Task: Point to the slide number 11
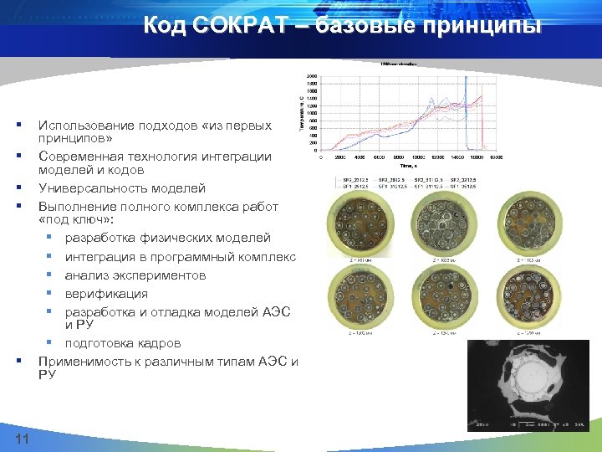pyautogui.click(x=23, y=440)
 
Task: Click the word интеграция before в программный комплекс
pyautogui.click(x=101, y=256)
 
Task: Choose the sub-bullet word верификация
pyautogui.click(x=106, y=293)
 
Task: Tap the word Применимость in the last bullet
pyautogui.click(x=89, y=361)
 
